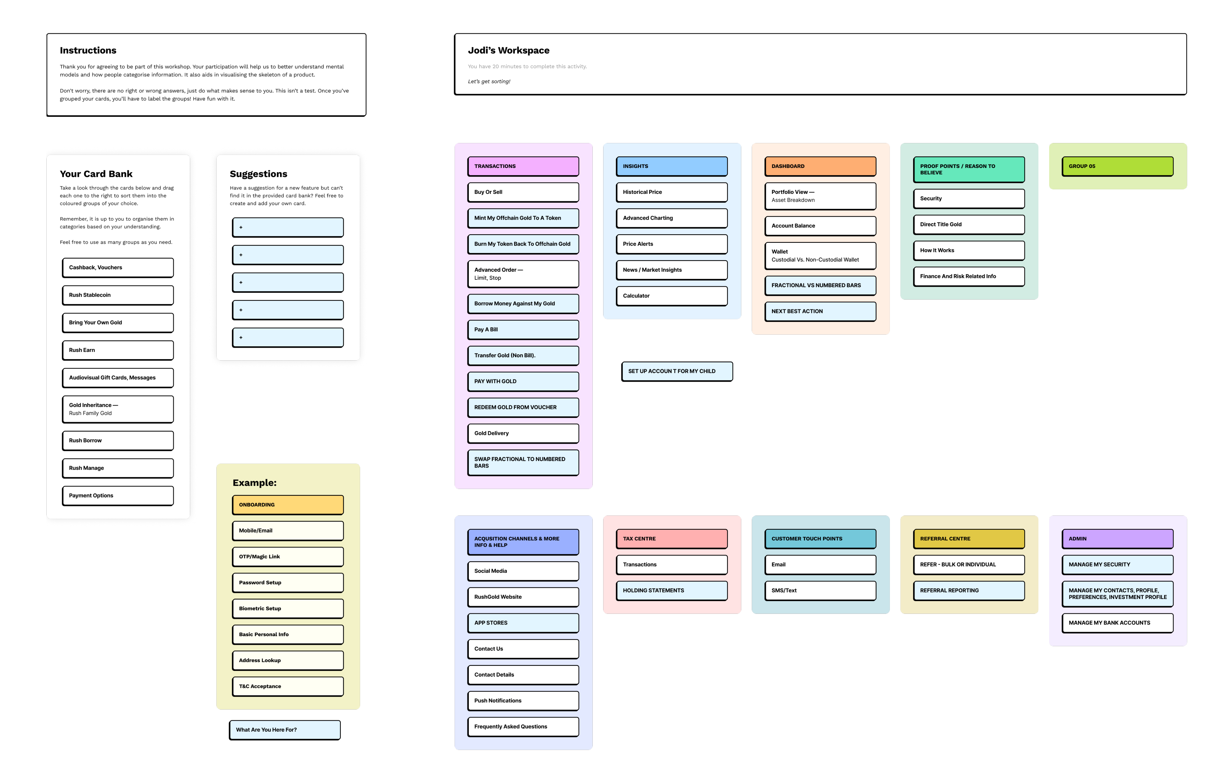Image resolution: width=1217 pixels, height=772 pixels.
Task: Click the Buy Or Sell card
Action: pos(523,192)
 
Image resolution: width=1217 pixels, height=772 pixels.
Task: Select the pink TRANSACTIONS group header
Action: pos(523,166)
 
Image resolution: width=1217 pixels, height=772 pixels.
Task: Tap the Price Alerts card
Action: pos(672,244)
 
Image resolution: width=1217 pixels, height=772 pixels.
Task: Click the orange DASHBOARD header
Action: pos(820,166)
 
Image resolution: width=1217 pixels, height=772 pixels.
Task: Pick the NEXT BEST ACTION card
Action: pos(820,312)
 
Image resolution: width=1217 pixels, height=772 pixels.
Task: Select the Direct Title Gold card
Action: pos(969,224)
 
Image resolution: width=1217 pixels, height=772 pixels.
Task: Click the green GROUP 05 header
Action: pos(1117,166)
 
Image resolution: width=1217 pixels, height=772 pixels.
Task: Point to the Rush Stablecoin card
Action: pos(118,295)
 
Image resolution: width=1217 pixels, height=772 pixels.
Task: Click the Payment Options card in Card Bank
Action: pos(118,496)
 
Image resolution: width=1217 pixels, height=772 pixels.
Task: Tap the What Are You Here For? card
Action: pos(285,730)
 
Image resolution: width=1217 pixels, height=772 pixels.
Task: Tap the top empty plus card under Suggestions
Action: pos(288,227)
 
